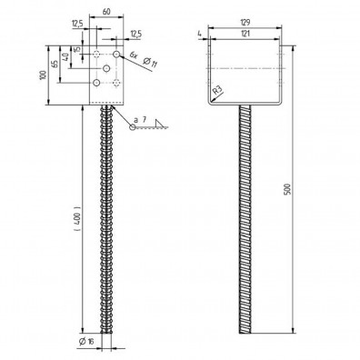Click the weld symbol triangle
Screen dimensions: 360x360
click(160, 122)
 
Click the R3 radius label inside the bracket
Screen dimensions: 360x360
click(217, 90)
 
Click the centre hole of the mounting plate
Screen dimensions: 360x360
click(107, 68)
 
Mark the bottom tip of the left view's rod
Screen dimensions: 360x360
click(108, 350)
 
